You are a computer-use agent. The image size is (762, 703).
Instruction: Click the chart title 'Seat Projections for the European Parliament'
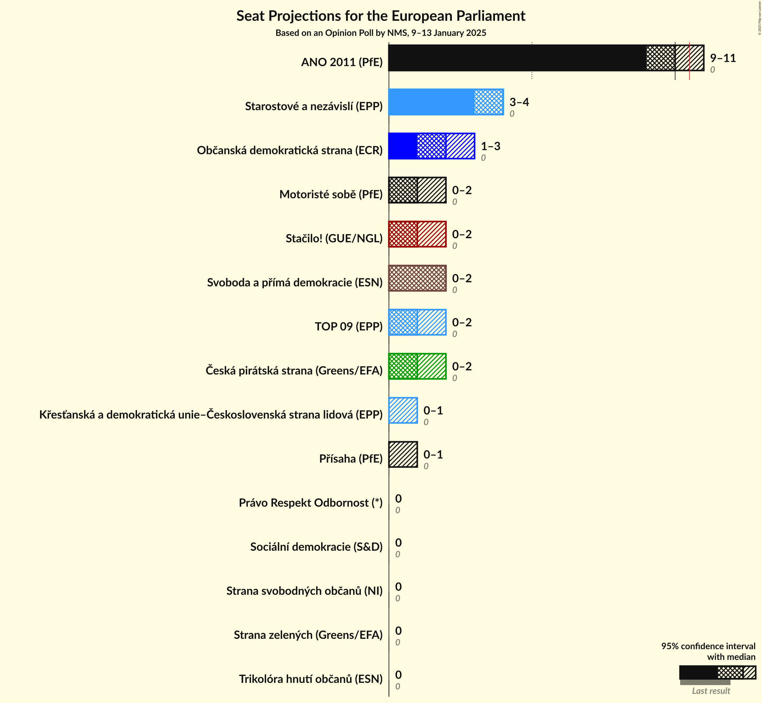[x=381, y=16]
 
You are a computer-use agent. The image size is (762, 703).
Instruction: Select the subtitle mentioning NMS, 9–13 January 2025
[x=381, y=33]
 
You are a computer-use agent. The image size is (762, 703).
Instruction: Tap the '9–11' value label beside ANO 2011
[x=722, y=58]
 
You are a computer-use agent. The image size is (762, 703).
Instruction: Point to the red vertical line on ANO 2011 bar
[x=689, y=61]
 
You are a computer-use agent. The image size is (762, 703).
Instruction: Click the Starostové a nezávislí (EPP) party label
[x=314, y=106]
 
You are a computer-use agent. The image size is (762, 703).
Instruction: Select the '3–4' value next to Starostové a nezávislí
[x=519, y=102]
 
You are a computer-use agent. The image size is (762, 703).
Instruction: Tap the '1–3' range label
[x=490, y=146]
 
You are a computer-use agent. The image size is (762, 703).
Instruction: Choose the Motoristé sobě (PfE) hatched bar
[x=417, y=190]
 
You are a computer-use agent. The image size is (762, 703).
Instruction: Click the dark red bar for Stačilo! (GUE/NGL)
[x=417, y=234]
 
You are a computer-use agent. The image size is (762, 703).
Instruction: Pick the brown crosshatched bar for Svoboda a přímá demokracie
[x=417, y=278]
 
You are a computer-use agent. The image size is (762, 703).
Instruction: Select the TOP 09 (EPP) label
[x=348, y=326]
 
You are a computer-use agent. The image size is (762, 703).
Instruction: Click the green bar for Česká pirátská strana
[x=417, y=366]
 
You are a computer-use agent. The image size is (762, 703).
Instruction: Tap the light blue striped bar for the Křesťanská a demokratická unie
[x=403, y=410]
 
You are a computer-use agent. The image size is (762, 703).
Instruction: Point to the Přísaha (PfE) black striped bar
[x=403, y=455]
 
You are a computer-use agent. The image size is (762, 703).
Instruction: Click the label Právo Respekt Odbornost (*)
[x=310, y=503]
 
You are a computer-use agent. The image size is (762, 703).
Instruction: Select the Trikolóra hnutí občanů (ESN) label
[x=310, y=679]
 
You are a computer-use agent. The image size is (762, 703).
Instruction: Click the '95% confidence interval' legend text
[x=708, y=646]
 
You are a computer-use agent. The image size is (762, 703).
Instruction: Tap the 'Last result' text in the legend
[x=711, y=691]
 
